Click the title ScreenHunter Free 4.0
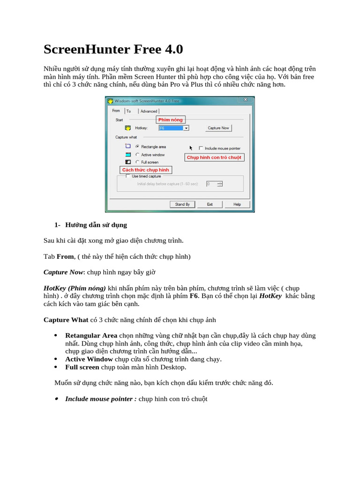click(x=113, y=49)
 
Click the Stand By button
click(x=182, y=204)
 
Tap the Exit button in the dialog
click(x=210, y=204)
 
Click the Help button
click(x=237, y=204)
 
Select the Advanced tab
click(x=149, y=111)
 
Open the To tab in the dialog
click(x=128, y=111)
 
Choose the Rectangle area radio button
click(x=137, y=147)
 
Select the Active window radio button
click(x=137, y=155)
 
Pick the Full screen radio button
click(x=137, y=162)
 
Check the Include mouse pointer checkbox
click(x=201, y=148)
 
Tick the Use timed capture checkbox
click(x=127, y=176)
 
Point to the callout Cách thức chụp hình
click(x=145, y=170)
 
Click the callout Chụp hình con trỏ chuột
click(x=214, y=157)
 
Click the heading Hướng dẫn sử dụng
click(x=96, y=225)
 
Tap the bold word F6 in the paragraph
click(x=194, y=296)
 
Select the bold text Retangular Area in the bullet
click(x=91, y=336)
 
